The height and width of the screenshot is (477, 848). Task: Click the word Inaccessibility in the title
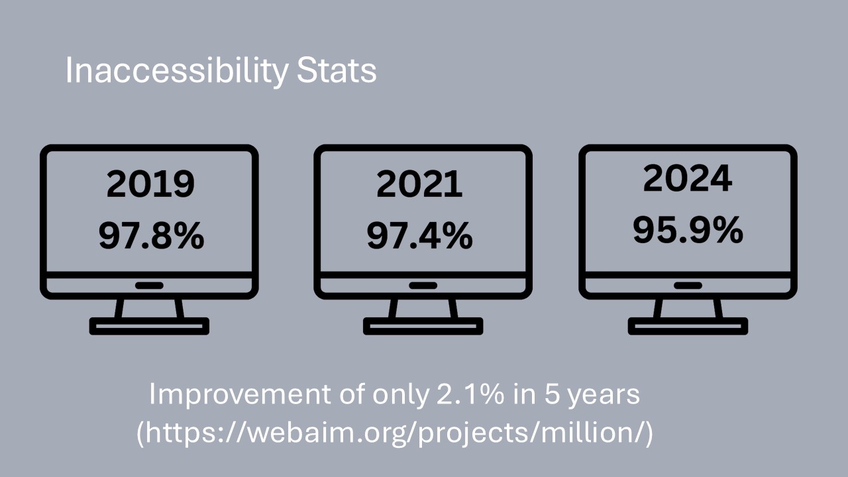[177, 71]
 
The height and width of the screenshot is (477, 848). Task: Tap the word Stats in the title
[337, 70]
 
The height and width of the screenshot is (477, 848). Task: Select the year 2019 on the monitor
[150, 184]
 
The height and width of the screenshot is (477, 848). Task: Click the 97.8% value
[151, 235]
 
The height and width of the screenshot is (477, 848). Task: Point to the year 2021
[419, 184]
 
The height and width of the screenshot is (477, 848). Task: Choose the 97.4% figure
[419, 235]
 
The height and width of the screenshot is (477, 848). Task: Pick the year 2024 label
[687, 178]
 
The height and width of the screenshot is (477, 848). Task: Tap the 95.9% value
[688, 230]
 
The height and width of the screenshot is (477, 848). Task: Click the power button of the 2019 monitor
[149, 286]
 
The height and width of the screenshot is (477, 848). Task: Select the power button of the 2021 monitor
[423, 286]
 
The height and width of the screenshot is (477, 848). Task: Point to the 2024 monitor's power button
[688, 286]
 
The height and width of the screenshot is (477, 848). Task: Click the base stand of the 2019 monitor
[149, 326]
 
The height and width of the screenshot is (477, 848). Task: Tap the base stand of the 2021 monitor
[423, 326]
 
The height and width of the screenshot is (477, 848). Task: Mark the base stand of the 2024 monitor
[688, 326]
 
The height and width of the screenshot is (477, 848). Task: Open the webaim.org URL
[394, 432]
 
